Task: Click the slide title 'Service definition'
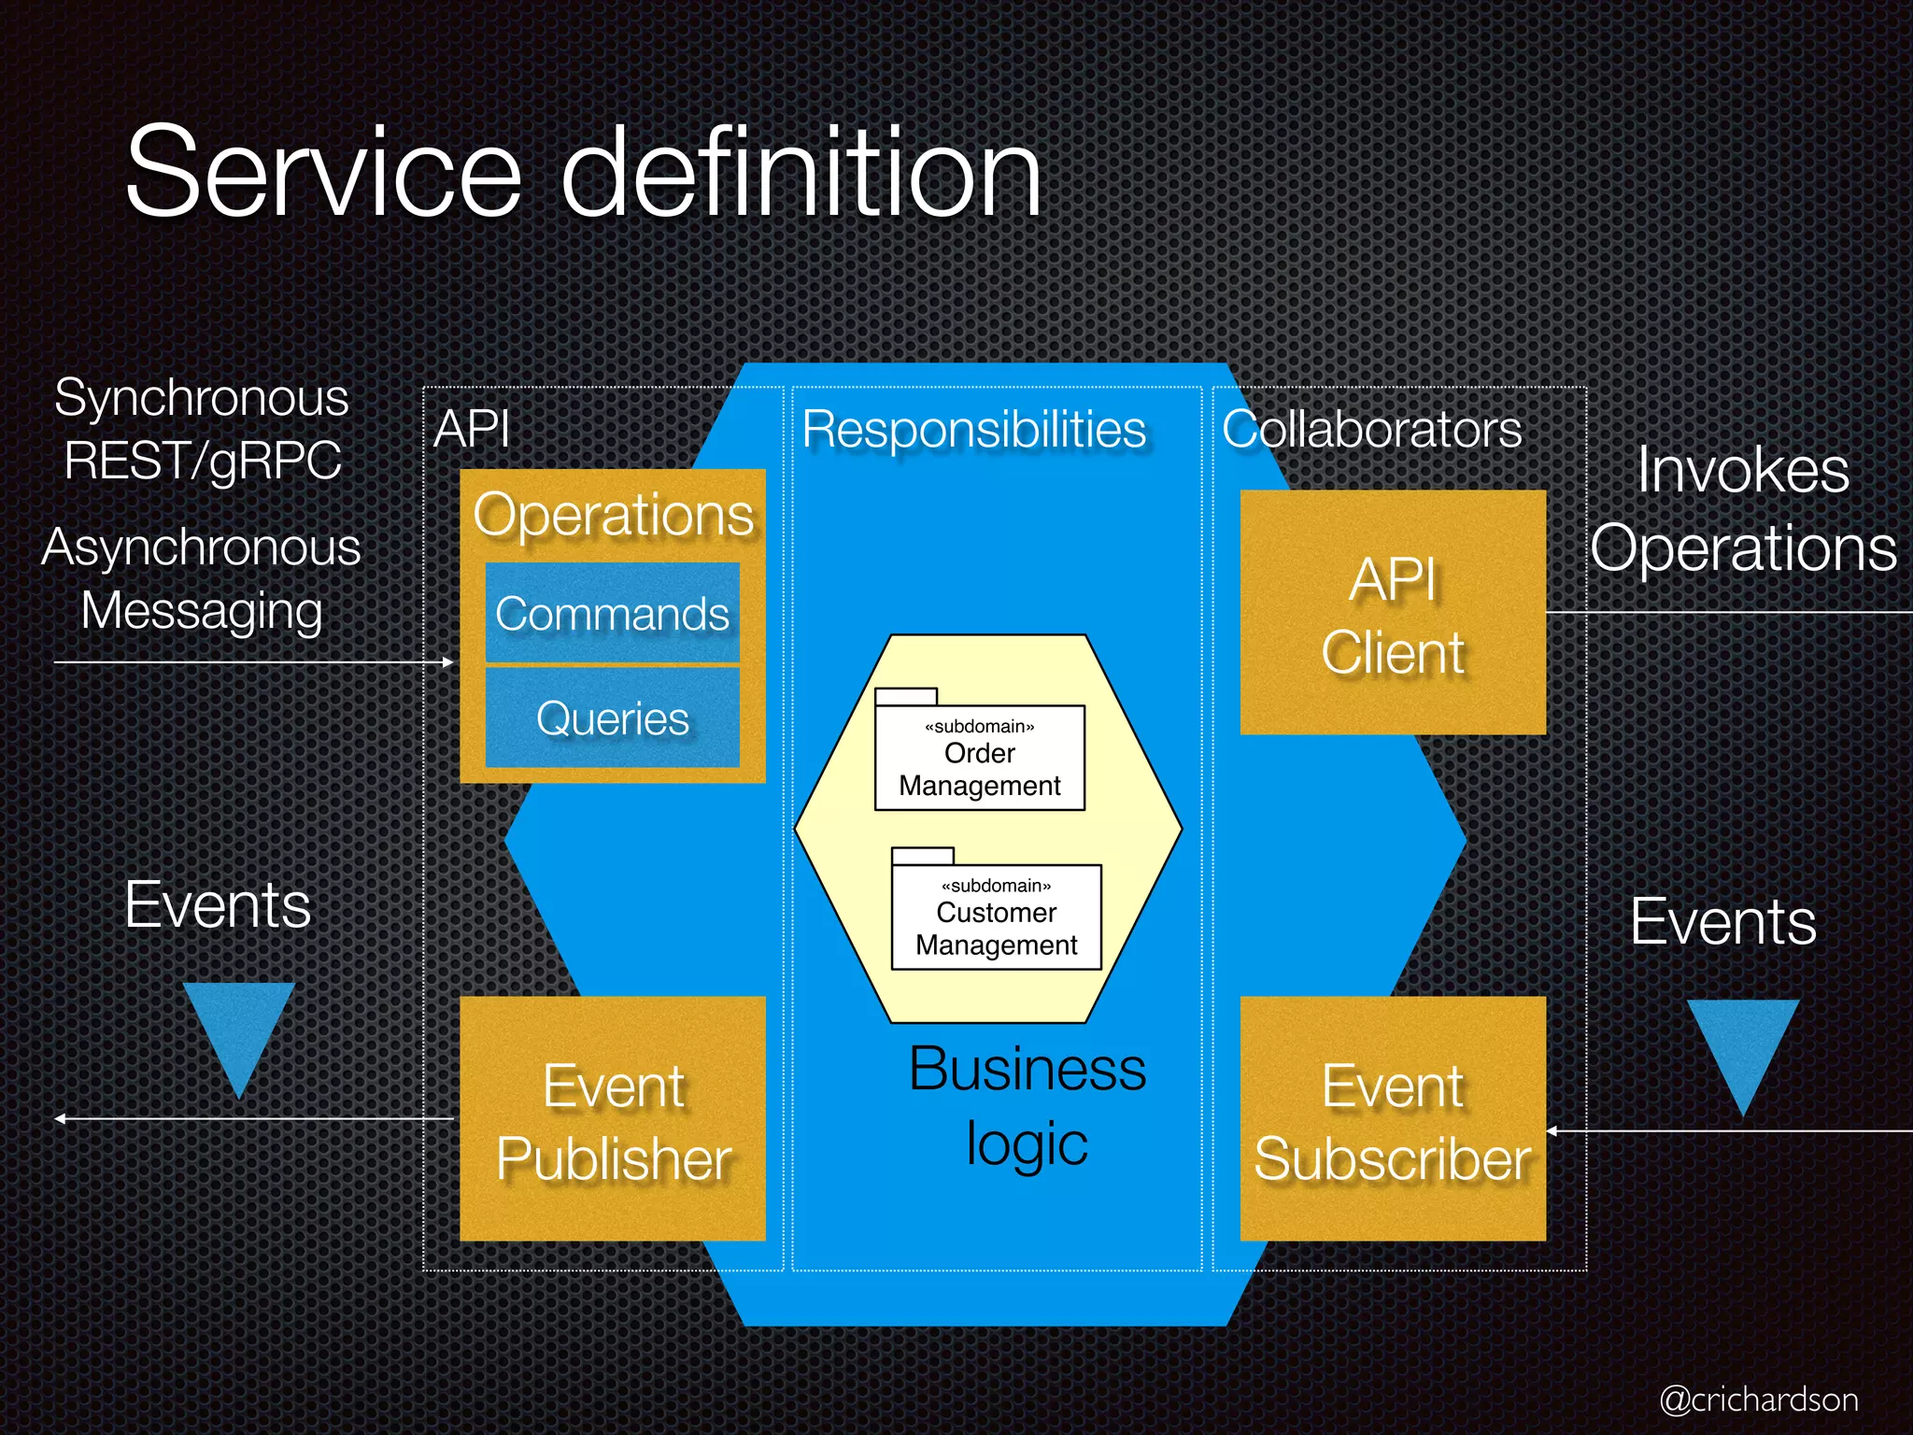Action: click(583, 174)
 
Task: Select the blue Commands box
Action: click(612, 614)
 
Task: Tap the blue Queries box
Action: click(612, 718)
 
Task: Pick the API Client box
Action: click(1393, 613)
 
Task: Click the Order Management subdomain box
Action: click(980, 758)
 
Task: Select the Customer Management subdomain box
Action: click(997, 916)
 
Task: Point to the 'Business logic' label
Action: click(1027, 1106)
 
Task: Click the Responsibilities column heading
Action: click(974, 430)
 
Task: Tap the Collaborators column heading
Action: click(1372, 430)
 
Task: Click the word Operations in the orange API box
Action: click(614, 515)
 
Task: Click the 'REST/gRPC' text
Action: click(203, 461)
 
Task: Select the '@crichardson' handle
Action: click(1759, 1399)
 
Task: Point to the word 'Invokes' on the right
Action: click(1743, 469)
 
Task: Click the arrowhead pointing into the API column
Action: click(449, 662)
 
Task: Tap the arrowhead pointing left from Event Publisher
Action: click(59, 1118)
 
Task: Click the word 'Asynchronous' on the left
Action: click(201, 547)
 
